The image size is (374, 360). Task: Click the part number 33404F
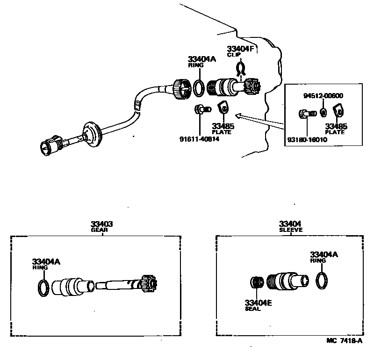(241, 49)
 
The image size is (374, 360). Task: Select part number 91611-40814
(199, 139)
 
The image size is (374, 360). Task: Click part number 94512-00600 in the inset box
(323, 96)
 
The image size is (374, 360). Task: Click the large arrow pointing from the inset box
(257, 119)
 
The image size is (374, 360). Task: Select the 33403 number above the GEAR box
(102, 224)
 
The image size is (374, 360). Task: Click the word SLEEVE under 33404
(290, 230)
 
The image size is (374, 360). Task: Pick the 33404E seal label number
(259, 302)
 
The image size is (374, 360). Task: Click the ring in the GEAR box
(43, 288)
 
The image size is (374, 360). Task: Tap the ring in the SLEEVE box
(322, 281)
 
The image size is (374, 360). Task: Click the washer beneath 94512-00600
(323, 113)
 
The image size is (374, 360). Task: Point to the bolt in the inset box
(306, 113)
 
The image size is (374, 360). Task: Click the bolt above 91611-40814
(202, 109)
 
